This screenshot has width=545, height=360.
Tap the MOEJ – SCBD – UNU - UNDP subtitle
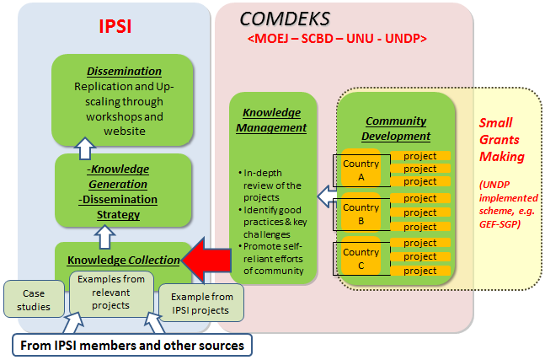coord(337,39)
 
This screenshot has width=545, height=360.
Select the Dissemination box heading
coord(123,71)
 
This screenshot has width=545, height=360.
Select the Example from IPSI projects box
coord(200,303)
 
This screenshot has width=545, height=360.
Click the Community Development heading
coord(395,128)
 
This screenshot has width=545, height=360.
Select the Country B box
coord(361,214)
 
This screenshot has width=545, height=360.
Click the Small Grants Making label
coord(502,140)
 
